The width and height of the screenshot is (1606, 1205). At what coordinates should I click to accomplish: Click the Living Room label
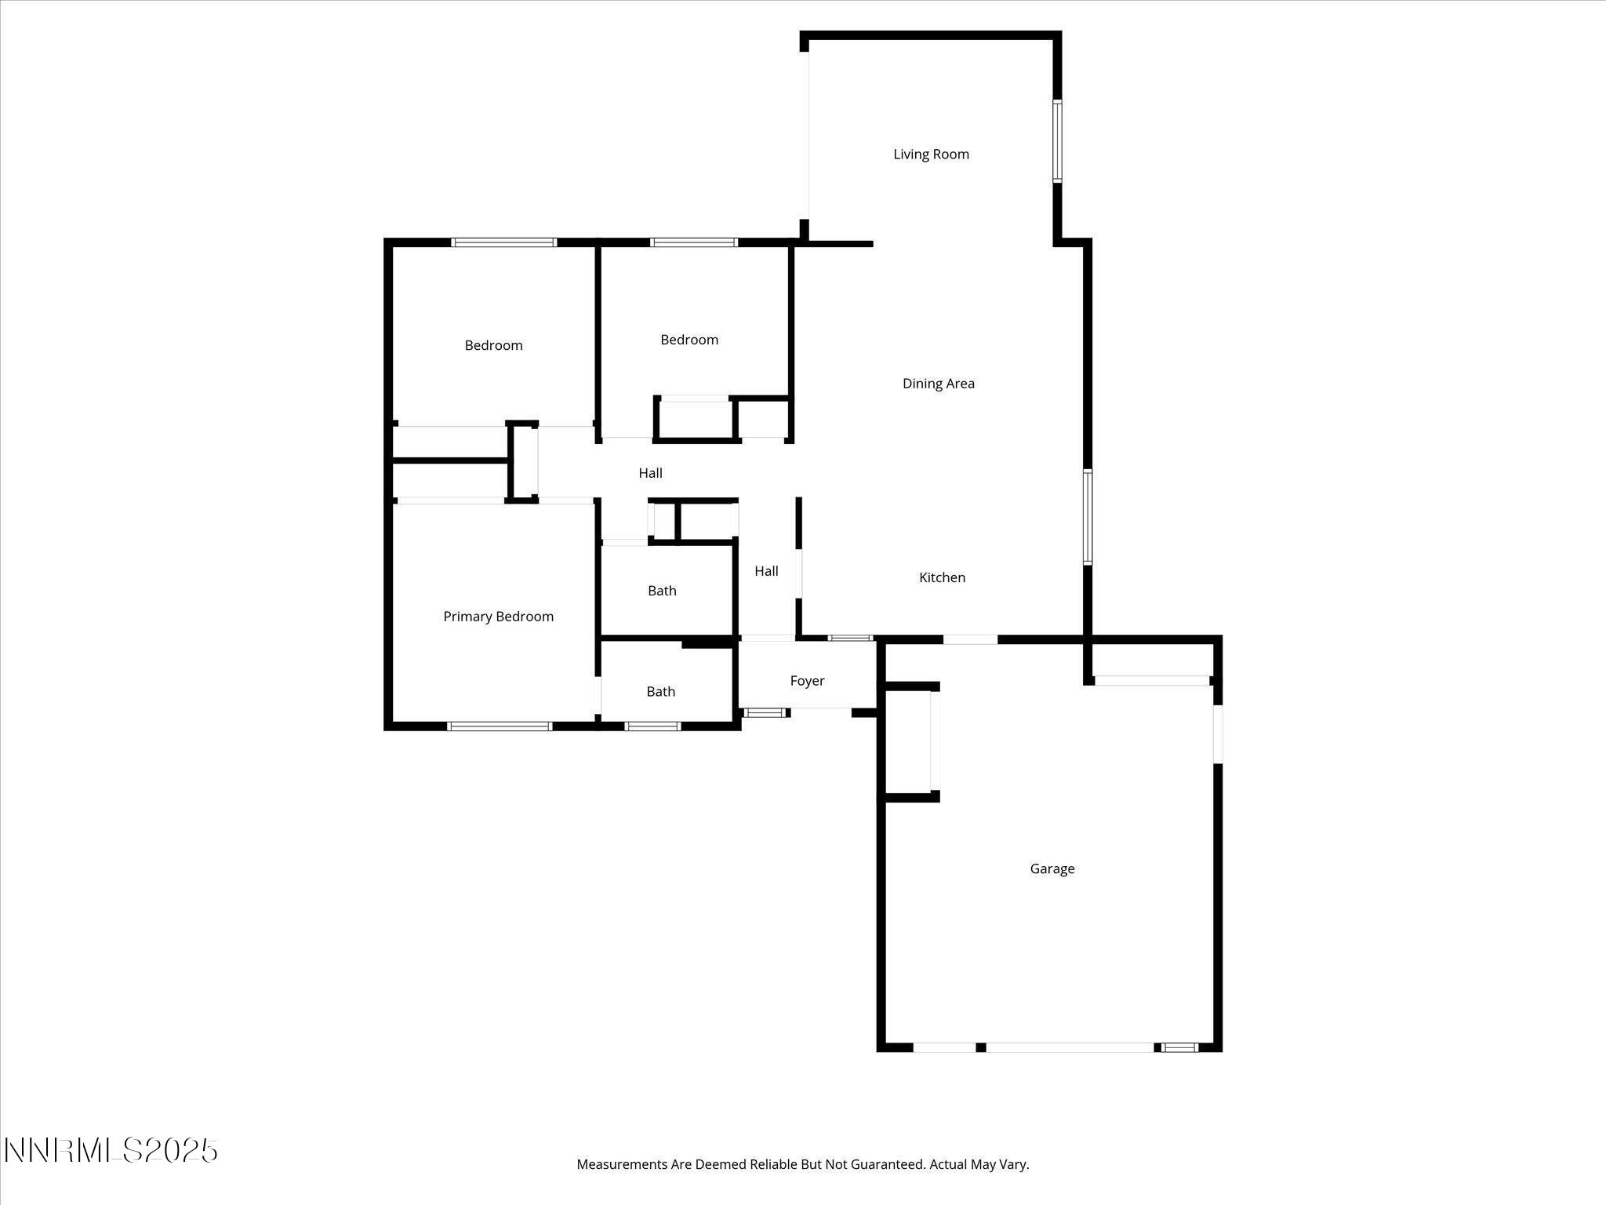tap(931, 155)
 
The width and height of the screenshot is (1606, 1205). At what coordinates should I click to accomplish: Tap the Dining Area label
tap(938, 384)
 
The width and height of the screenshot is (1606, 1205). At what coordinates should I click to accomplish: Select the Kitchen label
tap(942, 577)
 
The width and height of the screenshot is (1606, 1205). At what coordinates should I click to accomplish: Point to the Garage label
tap(1052, 868)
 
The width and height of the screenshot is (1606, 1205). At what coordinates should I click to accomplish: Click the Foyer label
tap(807, 681)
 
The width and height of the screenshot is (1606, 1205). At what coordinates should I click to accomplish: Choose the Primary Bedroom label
tap(498, 617)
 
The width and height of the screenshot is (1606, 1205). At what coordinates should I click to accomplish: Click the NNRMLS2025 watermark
tap(111, 1151)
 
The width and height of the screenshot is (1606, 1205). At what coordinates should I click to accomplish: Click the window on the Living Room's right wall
tap(1057, 141)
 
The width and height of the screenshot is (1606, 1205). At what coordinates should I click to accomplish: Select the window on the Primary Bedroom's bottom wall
tap(500, 726)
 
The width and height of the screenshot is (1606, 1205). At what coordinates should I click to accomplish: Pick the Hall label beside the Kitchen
tap(766, 571)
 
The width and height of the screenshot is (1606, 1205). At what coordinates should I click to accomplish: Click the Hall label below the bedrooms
tap(650, 473)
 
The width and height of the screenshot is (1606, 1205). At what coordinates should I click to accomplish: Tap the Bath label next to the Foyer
tap(660, 691)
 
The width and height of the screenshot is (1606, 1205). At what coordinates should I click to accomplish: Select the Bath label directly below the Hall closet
tap(662, 591)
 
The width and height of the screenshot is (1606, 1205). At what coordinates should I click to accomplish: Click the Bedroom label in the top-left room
tap(493, 345)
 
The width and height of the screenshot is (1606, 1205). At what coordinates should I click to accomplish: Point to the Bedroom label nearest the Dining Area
tap(689, 340)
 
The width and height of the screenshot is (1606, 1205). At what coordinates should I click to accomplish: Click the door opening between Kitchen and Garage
tap(970, 639)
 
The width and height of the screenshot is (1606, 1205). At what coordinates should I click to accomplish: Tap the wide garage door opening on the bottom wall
tap(1070, 1047)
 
